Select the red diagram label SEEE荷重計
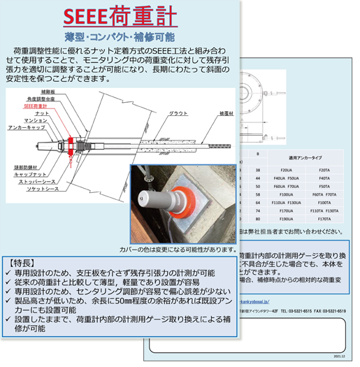click(36, 106)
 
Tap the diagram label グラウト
click(179, 113)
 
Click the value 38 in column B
click(259, 170)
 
